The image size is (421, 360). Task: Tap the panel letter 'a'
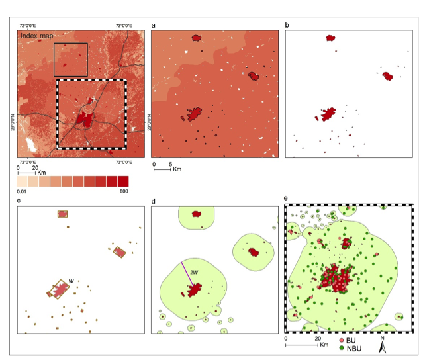[154, 26]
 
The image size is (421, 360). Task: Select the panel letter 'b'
[287, 26]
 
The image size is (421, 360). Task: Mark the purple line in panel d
[187, 274]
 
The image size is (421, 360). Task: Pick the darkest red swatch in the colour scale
[122, 181]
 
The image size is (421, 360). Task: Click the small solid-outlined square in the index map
[70, 60]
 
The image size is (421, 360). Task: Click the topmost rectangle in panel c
[63, 214]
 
